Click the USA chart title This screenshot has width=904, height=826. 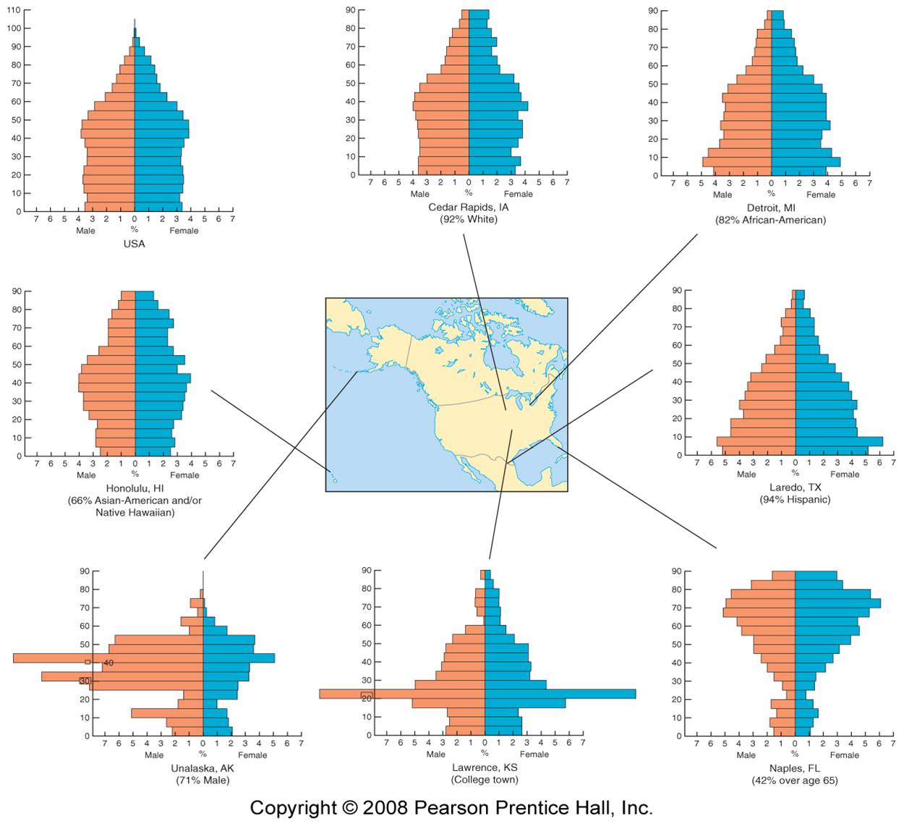click(134, 244)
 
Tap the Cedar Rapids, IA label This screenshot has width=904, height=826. click(468, 207)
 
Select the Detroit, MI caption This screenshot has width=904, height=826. click(770, 208)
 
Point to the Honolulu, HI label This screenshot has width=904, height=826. click(135, 488)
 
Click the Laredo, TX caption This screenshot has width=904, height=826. click(795, 487)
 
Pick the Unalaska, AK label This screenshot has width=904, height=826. click(202, 768)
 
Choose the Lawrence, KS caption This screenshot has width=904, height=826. click(485, 767)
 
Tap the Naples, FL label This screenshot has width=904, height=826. click(795, 768)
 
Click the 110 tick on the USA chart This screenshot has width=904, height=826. click(14, 10)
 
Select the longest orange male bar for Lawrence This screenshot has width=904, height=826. click(401, 694)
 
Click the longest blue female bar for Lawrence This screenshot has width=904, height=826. click(560, 694)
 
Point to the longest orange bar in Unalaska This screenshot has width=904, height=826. click(108, 658)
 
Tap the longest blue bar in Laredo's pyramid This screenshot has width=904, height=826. click(839, 441)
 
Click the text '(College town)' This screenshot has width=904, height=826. click(485, 780)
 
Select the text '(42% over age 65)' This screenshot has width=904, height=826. click(795, 780)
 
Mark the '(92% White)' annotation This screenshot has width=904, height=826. click(468, 219)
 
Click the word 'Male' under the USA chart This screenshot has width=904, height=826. click(85, 231)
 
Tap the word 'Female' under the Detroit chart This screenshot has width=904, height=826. click(821, 195)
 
